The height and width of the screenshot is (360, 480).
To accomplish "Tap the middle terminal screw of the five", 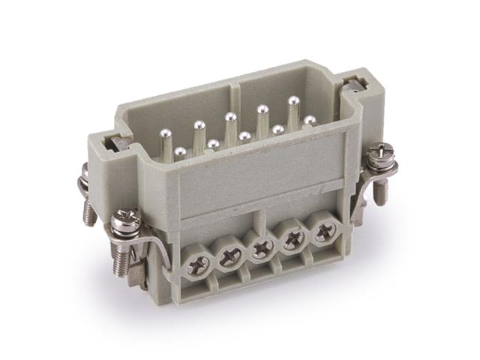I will coord(262,247).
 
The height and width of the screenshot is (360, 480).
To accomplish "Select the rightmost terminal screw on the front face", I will coord(323,232).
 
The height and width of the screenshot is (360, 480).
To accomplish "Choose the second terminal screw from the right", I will coord(293,238).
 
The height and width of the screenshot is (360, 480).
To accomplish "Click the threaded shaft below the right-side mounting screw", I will coord(379,195).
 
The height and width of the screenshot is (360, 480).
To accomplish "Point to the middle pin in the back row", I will coord(230,117).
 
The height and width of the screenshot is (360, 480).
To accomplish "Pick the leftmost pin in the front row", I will coord(180,152).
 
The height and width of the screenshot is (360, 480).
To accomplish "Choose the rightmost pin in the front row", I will coord(309,120).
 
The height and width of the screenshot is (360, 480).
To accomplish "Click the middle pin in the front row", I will coord(245,136).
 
